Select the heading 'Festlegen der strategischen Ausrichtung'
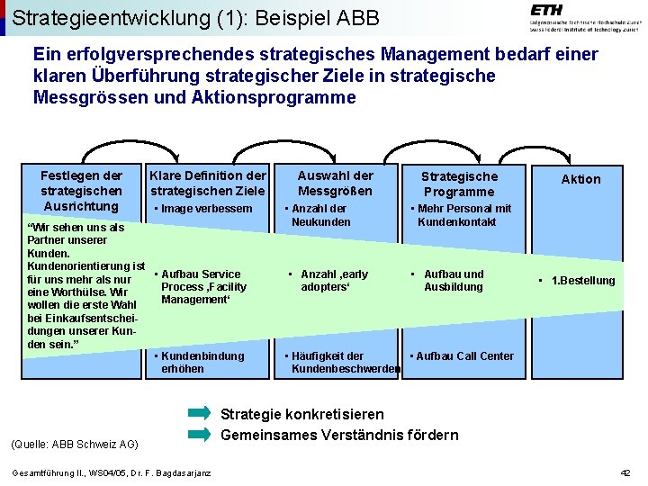click(x=81, y=191)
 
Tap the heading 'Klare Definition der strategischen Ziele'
click(x=208, y=183)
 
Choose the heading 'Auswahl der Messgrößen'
click(x=335, y=183)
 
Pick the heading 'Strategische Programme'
click(x=459, y=184)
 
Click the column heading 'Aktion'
click(x=580, y=179)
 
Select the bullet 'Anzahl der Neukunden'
click(x=320, y=215)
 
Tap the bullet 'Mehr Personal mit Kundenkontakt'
click(x=463, y=215)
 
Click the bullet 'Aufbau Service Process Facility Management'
click(x=202, y=286)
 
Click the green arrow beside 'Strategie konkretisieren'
click(x=200, y=414)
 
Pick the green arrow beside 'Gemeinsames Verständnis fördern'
click(x=200, y=435)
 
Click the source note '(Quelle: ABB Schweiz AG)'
click(x=74, y=444)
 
